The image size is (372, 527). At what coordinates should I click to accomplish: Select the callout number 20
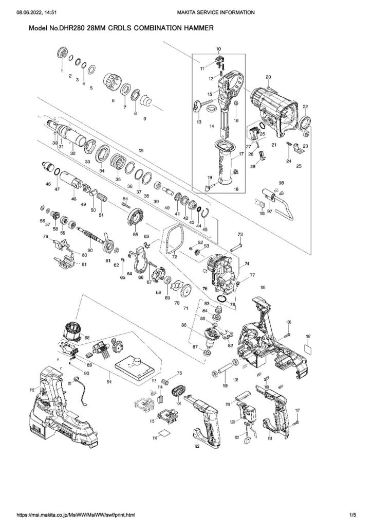pos(268,77)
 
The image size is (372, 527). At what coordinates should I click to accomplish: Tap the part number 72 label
pos(175,256)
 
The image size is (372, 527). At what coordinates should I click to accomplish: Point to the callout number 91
pos(108,382)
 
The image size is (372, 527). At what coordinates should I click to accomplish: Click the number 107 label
pos(308,337)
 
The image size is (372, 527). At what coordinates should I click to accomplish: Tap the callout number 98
pos(281,183)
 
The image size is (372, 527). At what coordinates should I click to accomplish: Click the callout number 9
pos(145,119)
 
